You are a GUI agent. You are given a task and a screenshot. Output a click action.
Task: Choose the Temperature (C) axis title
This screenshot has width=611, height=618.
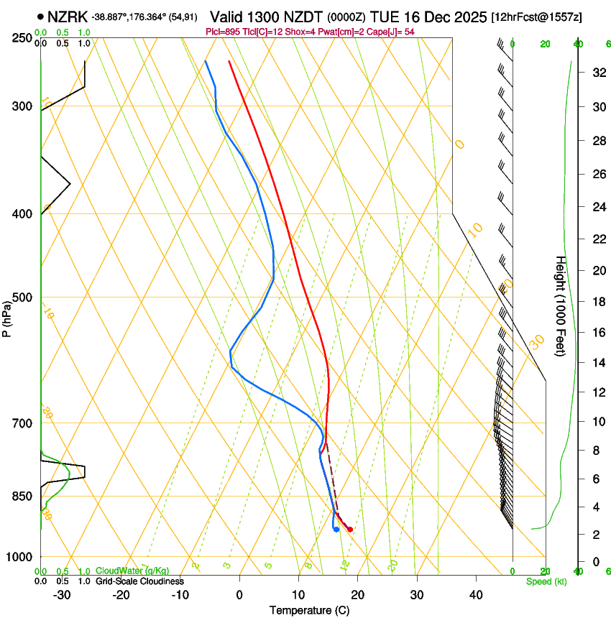(309, 610)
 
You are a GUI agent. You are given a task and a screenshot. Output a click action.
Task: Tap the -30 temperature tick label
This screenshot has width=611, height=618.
(62, 595)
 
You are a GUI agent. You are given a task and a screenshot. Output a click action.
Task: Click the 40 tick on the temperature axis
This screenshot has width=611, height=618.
(476, 595)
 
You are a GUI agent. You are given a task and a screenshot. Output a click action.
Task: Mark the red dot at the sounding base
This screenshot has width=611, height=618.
(350, 530)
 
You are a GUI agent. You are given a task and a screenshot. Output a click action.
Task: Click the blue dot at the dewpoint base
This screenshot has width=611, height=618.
(336, 530)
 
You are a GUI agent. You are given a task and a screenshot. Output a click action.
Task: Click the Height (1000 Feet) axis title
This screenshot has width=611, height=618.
(561, 305)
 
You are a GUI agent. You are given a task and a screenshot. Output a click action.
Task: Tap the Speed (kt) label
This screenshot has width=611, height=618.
(546, 581)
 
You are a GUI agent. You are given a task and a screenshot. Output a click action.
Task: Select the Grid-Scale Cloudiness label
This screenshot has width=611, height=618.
(140, 581)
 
